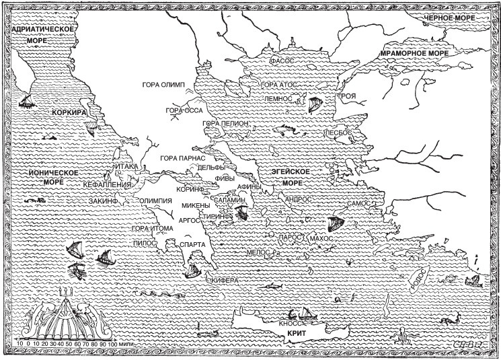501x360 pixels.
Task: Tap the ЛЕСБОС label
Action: [339, 133]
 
